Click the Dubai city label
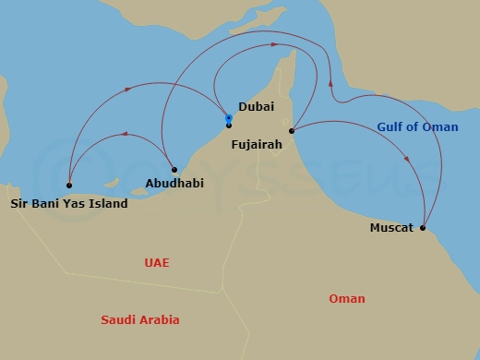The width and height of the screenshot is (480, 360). tap(256, 107)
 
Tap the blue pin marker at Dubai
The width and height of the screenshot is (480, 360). tap(229, 119)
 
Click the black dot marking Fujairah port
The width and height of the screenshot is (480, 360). tap(291, 131)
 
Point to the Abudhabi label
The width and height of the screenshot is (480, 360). tap(174, 183)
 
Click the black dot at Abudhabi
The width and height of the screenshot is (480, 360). tap(174, 169)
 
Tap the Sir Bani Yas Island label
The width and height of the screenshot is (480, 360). tap(69, 203)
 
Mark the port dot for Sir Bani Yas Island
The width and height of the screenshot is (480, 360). tap(69, 185)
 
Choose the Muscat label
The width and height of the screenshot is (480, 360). tap(391, 227)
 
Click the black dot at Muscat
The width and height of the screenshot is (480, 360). tap(423, 227)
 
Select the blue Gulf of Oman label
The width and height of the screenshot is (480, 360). tap(417, 127)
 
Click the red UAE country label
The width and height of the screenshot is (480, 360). tap(157, 263)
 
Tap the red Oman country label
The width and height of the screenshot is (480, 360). tap(347, 298)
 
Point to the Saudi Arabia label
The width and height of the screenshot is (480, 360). tap(140, 320)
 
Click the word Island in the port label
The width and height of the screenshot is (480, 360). tap(108, 203)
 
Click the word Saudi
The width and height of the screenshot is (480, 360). tap(117, 320)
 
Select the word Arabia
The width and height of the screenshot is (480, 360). tap(159, 320)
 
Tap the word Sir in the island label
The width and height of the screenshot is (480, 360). tap(18, 203)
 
